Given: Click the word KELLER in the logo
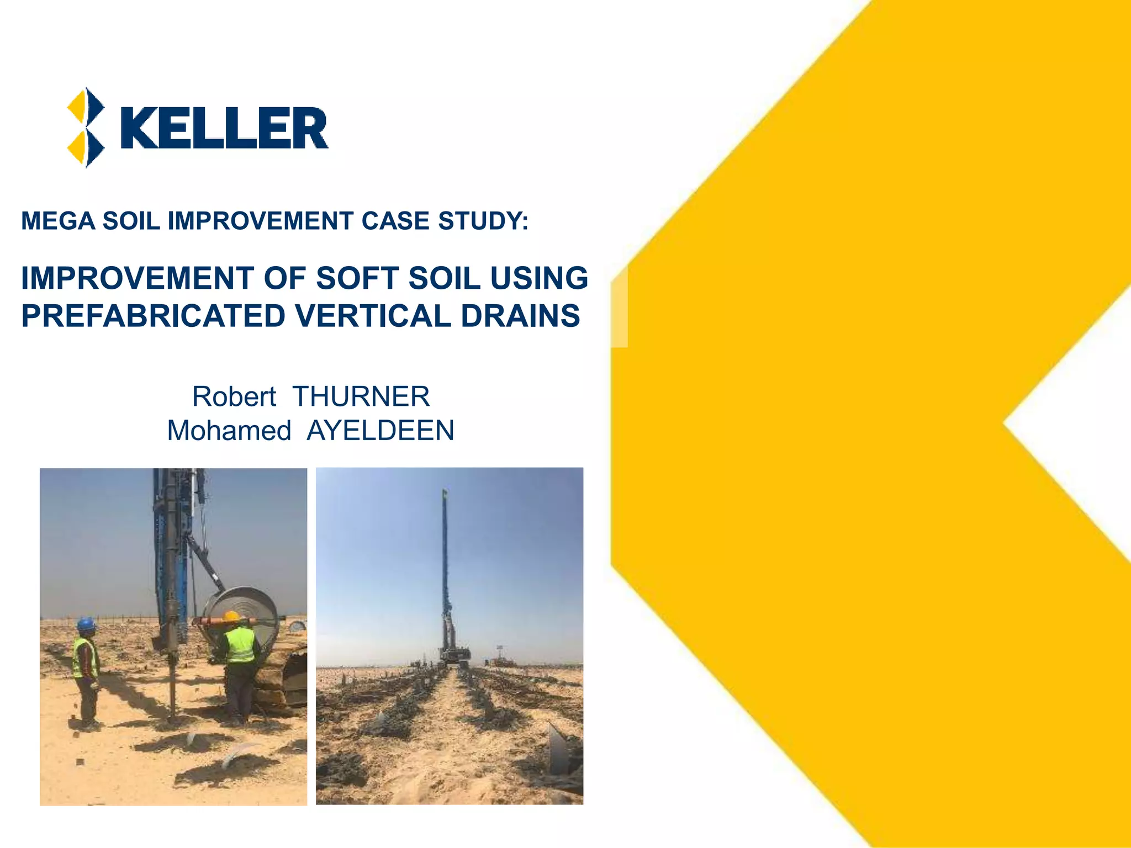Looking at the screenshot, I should click(x=224, y=128).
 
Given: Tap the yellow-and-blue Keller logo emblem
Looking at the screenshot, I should click(x=86, y=128).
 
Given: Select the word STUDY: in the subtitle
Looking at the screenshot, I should click(x=483, y=221).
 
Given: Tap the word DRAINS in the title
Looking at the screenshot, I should click(x=520, y=316).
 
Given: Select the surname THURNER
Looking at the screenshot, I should click(x=361, y=396).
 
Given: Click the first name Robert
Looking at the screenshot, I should click(x=234, y=396).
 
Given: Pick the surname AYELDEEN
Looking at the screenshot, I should click(x=380, y=431).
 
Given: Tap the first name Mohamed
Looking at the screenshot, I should click(x=229, y=431).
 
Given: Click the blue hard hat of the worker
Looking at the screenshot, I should click(x=86, y=625).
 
